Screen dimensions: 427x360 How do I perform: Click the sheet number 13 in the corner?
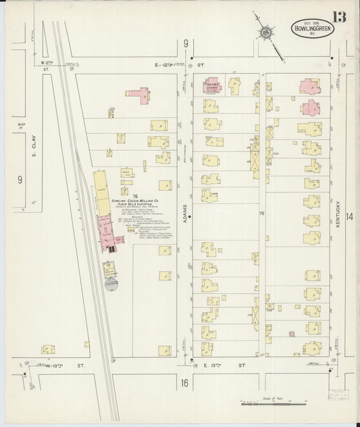click(x=338, y=16)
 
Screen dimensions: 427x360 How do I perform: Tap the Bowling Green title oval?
click(x=311, y=29)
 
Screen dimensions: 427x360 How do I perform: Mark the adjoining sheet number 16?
click(x=184, y=383)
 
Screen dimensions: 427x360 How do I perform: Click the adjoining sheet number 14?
click(x=349, y=217)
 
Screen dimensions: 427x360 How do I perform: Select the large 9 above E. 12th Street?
click(x=185, y=45)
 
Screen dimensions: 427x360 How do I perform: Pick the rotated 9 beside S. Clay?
click(x=20, y=180)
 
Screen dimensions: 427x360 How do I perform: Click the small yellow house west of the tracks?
click(x=47, y=349)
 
